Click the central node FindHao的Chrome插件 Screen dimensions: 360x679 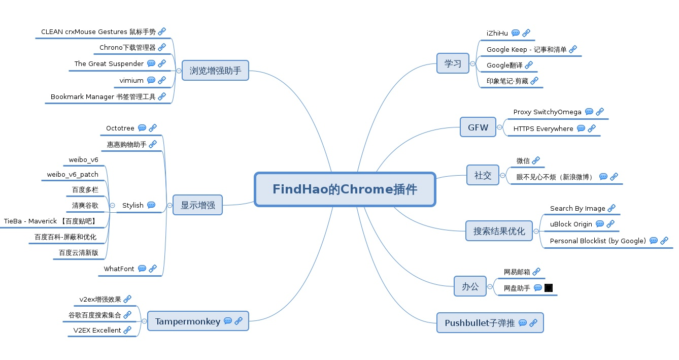tap(345, 189)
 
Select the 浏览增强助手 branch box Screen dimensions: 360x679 tap(215, 71)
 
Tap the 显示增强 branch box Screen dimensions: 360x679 tap(197, 205)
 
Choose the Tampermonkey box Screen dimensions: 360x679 tap(198, 321)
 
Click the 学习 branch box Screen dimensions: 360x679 tap(453, 63)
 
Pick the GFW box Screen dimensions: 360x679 tap(478, 127)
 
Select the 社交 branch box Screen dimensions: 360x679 tap(483, 175)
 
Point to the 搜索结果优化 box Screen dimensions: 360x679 tap(499, 231)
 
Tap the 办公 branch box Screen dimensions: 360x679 tap(470, 286)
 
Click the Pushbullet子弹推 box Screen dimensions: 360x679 tap(490, 323)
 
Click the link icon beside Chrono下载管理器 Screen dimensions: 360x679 tap(162, 48)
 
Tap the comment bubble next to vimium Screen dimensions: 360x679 tap(151, 80)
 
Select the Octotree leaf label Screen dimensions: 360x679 tap(120, 128)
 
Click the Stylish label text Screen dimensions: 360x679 tap(133, 205)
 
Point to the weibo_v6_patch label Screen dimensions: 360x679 tap(73, 174)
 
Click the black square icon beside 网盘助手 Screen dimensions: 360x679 tap(549, 288)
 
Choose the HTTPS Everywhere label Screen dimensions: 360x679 tap(543, 128)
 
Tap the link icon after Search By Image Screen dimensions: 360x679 tap(612, 208)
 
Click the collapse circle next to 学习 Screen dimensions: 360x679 tap(473, 64)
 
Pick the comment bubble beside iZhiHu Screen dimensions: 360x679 tap(516, 33)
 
